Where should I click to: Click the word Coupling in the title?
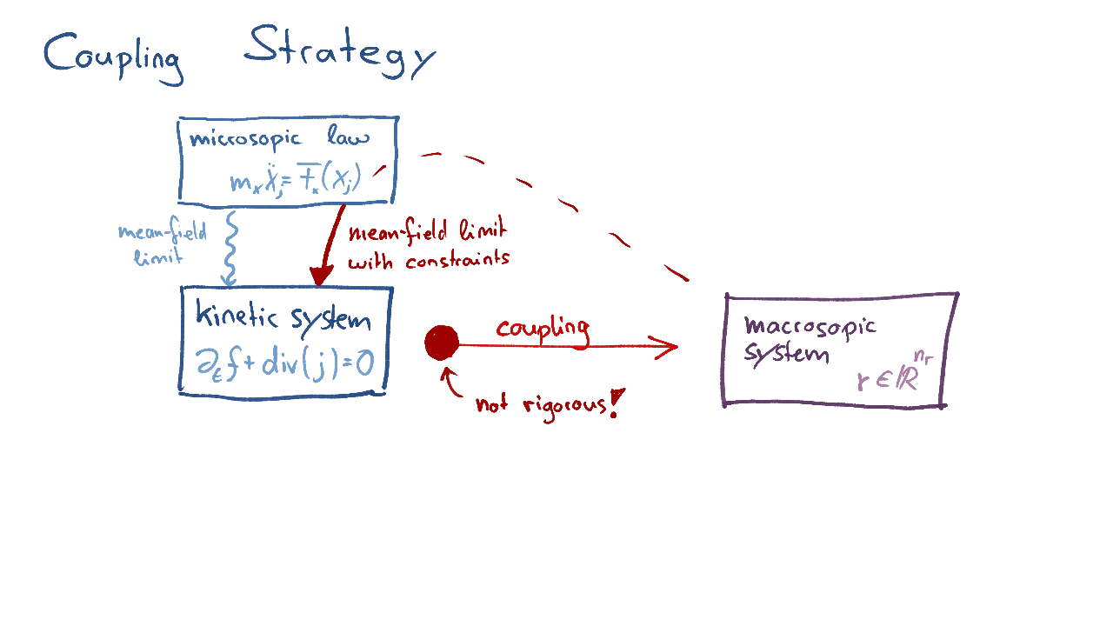pos(113,57)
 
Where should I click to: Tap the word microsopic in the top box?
pos(245,139)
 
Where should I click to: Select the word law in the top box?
pos(349,137)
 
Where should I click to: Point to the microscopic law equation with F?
pos(295,182)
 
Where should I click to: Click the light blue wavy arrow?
pos(230,247)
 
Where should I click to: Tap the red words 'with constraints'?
pos(428,259)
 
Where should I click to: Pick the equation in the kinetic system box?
pos(285,363)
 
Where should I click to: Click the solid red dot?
pos(442,343)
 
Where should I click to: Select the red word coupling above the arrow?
pos(543,329)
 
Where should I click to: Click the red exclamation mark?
pos(616,403)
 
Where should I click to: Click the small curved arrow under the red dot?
pos(452,383)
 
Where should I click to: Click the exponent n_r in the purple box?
pos(923,354)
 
